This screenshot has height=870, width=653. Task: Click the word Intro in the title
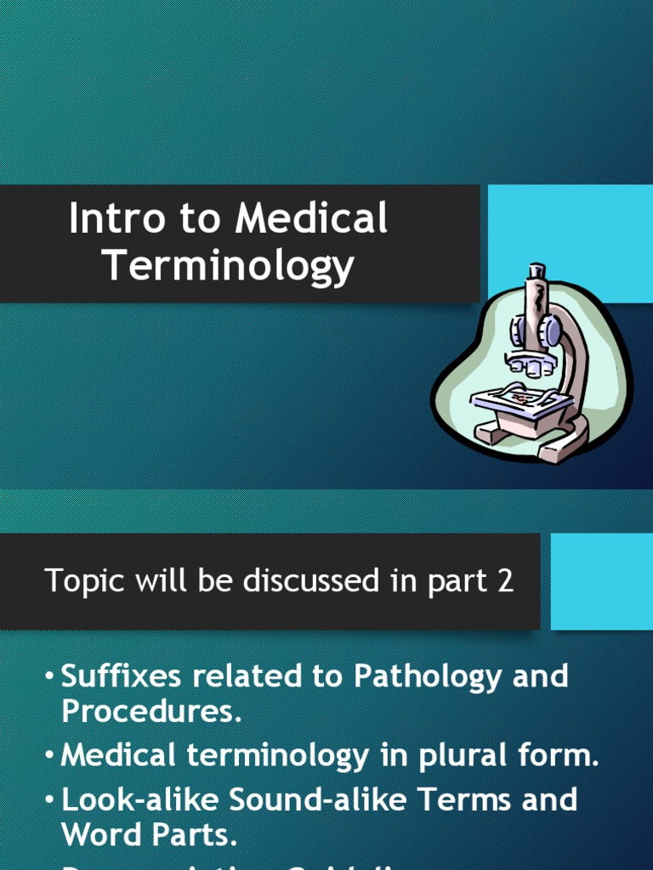click(x=115, y=219)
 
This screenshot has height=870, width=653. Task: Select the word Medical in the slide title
click(x=311, y=219)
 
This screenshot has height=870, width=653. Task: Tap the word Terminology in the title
click(x=228, y=265)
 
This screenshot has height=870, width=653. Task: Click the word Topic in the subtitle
click(x=78, y=582)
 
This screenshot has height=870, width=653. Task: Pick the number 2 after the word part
click(x=505, y=582)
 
